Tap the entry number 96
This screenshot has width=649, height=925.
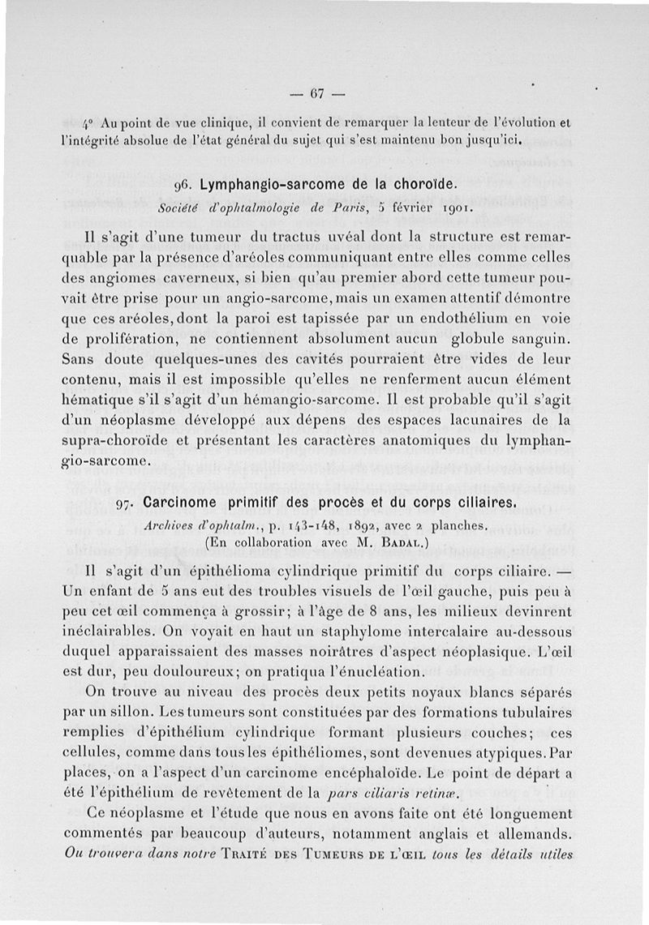(183, 186)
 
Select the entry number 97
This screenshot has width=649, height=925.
(126, 503)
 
